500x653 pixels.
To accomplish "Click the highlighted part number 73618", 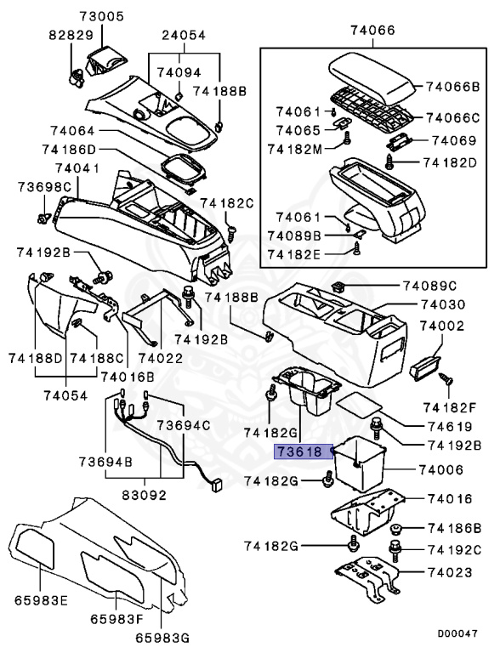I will pyautogui.click(x=297, y=452).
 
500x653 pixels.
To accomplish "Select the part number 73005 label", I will pyautogui.click(x=102, y=16).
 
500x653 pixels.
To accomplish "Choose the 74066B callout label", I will pyautogui.click(x=453, y=86).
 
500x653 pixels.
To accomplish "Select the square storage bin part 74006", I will pyautogui.click(x=360, y=462).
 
